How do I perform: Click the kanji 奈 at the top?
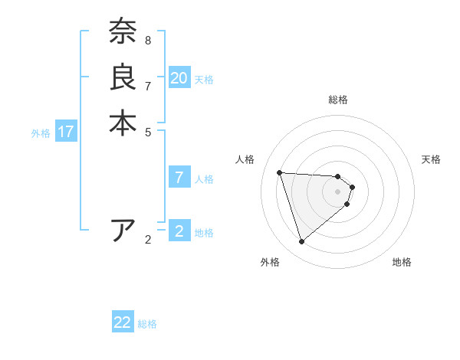click(123, 32)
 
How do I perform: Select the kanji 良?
click(123, 77)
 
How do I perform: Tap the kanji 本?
click(123, 123)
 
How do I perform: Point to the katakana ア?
click(123, 231)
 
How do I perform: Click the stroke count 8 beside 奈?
click(147, 40)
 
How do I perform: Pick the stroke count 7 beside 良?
click(147, 85)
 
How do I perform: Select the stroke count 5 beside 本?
click(147, 131)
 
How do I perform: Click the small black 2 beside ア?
click(147, 240)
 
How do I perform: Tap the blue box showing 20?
click(179, 77)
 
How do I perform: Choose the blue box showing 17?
click(66, 132)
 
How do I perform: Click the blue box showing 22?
click(123, 322)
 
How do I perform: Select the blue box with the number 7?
click(179, 178)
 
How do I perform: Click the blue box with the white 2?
click(179, 231)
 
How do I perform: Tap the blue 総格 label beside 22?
click(147, 324)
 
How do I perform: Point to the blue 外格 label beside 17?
click(41, 133)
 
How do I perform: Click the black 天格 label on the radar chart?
click(431, 159)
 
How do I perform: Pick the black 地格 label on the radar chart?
click(402, 262)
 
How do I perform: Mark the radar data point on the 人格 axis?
click(280, 172)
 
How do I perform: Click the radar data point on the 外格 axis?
click(301, 242)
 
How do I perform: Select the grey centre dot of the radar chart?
click(338, 191)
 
